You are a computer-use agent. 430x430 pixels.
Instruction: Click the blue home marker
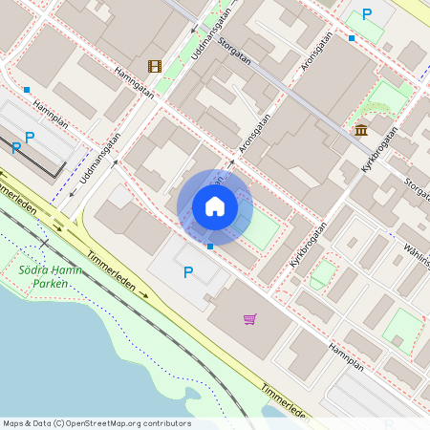click(215, 206)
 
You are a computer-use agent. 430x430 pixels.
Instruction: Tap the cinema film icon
click(155, 66)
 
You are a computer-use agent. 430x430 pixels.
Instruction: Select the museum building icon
click(361, 130)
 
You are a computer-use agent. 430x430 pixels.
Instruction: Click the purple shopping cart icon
click(249, 318)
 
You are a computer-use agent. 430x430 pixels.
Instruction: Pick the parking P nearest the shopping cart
click(188, 273)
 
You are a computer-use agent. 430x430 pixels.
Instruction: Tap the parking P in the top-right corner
click(367, 14)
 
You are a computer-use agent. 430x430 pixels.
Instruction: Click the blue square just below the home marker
click(210, 247)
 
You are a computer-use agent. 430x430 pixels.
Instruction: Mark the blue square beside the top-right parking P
click(352, 38)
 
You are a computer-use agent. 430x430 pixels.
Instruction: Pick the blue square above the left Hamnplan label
click(27, 90)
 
